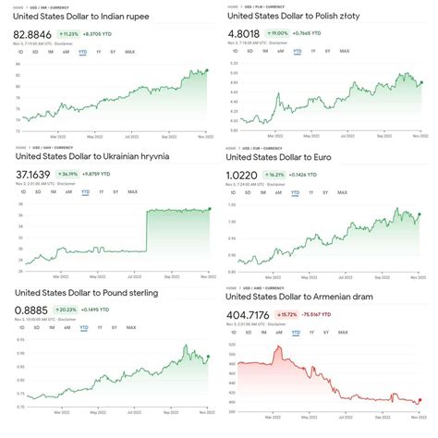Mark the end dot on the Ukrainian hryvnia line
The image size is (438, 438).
click(x=210, y=209)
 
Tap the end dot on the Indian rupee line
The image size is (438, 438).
click(x=208, y=70)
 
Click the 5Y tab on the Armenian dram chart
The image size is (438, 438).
click(x=329, y=332)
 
